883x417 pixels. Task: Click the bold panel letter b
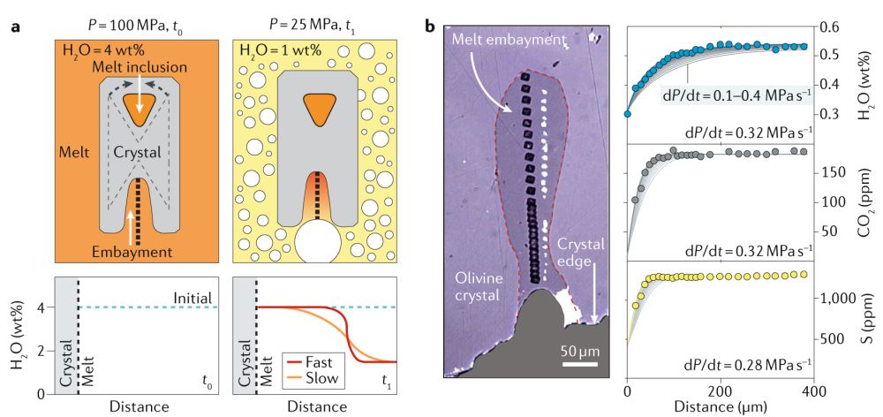pyautogui.click(x=431, y=27)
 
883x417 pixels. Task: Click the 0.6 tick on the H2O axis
pyautogui.click(x=835, y=27)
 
